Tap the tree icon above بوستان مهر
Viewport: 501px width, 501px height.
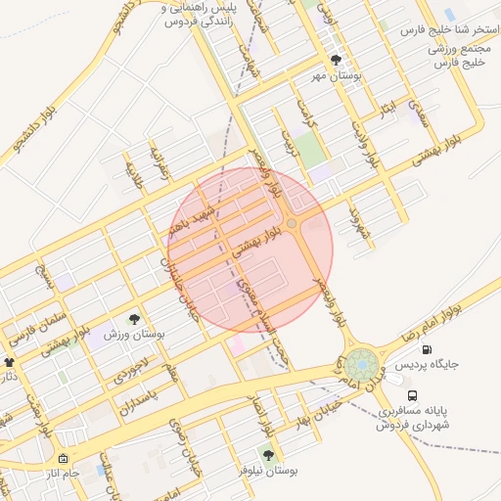(x=337, y=60)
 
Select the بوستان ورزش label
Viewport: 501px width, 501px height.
(x=135, y=335)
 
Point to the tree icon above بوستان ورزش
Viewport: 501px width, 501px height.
(x=135, y=319)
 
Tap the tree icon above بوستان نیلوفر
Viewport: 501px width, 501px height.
(x=268, y=455)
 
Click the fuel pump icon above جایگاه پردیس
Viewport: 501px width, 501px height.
(x=426, y=349)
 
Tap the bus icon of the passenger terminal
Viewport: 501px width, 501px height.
(x=413, y=396)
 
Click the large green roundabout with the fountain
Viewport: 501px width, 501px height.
(x=361, y=366)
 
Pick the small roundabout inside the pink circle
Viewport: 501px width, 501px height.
(x=292, y=223)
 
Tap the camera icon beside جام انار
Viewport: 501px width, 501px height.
(x=63, y=459)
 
